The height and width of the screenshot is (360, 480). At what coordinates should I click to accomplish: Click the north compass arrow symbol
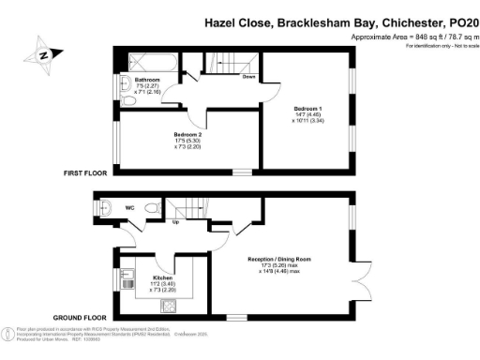pyautogui.click(x=43, y=54)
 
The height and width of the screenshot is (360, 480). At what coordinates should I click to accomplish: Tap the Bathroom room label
pyautogui.click(x=132, y=81)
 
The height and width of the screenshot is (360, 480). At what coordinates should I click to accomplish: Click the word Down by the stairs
pyautogui.click(x=248, y=79)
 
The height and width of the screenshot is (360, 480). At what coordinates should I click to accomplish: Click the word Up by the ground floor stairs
pyautogui.click(x=175, y=221)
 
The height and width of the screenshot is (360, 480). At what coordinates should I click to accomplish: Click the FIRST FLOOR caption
pyautogui.click(x=85, y=172)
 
